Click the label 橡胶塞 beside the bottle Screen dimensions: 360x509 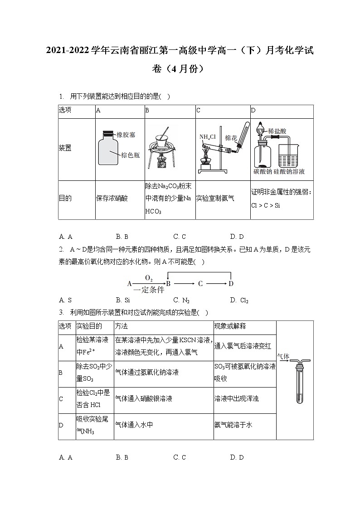126,135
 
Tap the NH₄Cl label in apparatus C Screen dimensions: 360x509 207,137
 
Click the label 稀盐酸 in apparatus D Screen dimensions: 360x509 277,131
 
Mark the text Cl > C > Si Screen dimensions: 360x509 265,205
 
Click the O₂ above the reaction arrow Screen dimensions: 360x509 149,277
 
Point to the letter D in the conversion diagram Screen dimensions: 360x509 231,284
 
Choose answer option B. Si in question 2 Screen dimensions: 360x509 123,300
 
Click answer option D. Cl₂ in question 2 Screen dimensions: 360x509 239,300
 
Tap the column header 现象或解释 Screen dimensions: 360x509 230,326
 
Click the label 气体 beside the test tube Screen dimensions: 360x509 283,357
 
